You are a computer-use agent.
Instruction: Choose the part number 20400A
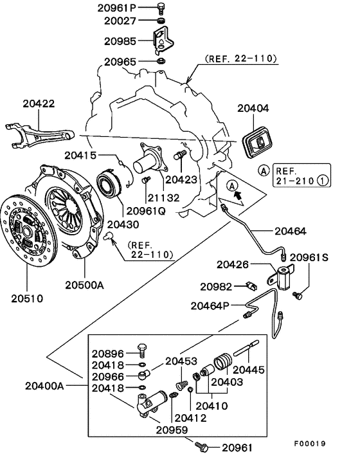click(44, 386)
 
